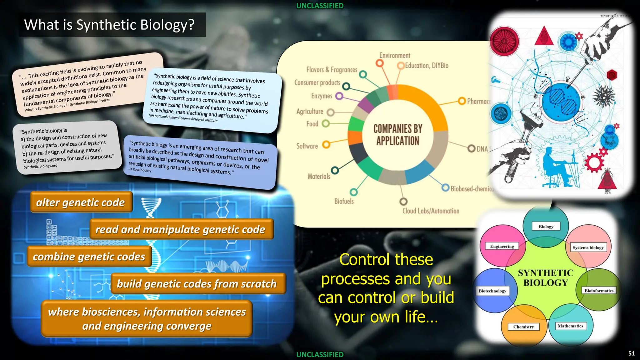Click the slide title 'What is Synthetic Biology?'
point(109,25)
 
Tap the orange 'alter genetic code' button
point(81,202)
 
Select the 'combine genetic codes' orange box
point(89,257)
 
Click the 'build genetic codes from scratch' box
point(197,284)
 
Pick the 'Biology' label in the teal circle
point(546,227)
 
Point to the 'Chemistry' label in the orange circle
point(523,327)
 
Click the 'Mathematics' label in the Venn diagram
point(570,326)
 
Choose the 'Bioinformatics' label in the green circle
point(599,291)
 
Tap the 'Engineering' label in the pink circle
point(502,246)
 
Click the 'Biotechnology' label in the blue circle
point(492,291)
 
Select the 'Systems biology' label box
point(588,247)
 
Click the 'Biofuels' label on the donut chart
point(344,202)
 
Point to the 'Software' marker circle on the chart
point(326,144)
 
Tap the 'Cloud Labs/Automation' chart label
point(431,211)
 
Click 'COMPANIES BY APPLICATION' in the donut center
point(397,135)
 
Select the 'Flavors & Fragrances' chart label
point(332,70)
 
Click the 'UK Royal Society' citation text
point(140,170)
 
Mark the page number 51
point(631,353)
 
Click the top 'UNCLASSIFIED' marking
point(320,6)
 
